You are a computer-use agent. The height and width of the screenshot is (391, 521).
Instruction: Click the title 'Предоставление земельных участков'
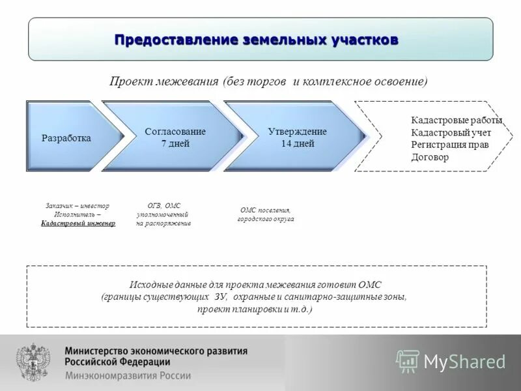[x=256, y=40]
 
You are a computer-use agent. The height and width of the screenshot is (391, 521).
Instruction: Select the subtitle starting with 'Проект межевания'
[x=268, y=81]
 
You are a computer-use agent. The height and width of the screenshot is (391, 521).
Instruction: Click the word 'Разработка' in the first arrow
[x=66, y=138]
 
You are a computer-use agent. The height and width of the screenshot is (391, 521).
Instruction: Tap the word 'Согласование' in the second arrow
[x=175, y=132]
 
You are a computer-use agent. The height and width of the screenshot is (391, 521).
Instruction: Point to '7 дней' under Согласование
[x=175, y=143]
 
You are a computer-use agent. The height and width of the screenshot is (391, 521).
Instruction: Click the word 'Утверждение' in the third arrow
[x=297, y=132]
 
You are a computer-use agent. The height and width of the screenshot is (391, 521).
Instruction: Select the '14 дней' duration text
[x=297, y=143]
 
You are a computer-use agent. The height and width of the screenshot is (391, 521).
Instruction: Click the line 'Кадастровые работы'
[x=456, y=121]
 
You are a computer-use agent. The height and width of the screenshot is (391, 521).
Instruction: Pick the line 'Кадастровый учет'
[x=451, y=133]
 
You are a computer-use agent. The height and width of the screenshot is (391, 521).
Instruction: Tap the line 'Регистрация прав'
[x=449, y=145]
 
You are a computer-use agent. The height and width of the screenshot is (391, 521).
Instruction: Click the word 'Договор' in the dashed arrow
[x=430, y=157]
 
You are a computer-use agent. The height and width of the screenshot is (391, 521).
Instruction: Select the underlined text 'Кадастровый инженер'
[x=77, y=223]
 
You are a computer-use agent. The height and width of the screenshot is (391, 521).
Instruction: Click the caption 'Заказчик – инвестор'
[x=77, y=205]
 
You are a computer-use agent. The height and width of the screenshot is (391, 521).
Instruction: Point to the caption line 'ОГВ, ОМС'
[x=163, y=205]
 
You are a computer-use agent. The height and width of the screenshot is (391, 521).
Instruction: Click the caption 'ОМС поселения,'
[x=265, y=210]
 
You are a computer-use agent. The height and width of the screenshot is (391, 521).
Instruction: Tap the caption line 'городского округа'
[x=265, y=219]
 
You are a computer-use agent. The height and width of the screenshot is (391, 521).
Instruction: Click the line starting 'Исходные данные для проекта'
[x=256, y=285]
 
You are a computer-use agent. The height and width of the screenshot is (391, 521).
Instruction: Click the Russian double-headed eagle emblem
[x=33, y=362]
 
